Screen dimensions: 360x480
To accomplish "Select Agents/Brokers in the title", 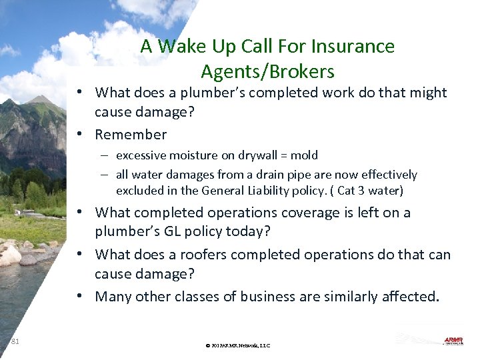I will pos(267,71).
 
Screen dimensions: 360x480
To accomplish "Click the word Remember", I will pos(131,135).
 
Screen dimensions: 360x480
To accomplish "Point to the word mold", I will pos(305,155).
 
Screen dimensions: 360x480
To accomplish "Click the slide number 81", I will pos(15,341).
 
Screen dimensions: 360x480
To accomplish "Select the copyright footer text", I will pos(238,346).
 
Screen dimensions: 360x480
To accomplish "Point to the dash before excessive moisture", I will pos(107,155).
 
